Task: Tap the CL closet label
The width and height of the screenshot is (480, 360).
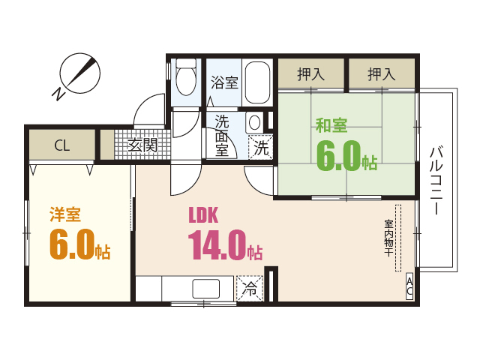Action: click(x=61, y=145)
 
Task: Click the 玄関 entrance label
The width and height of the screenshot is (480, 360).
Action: click(x=142, y=145)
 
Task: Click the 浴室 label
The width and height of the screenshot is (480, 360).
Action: click(x=224, y=82)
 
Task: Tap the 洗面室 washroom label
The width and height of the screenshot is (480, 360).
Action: click(x=222, y=135)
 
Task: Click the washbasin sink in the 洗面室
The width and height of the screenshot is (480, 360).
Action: click(x=255, y=121)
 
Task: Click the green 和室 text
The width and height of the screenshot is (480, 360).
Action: click(x=331, y=125)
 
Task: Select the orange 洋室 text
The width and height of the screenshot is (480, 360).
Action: click(x=65, y=214)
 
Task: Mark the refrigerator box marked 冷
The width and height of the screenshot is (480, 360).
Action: click(x=250, y=289)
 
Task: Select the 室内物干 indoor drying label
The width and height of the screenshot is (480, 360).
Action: click(x=389, y=238)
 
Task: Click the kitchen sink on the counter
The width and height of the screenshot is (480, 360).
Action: click(x=205, y=289)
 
